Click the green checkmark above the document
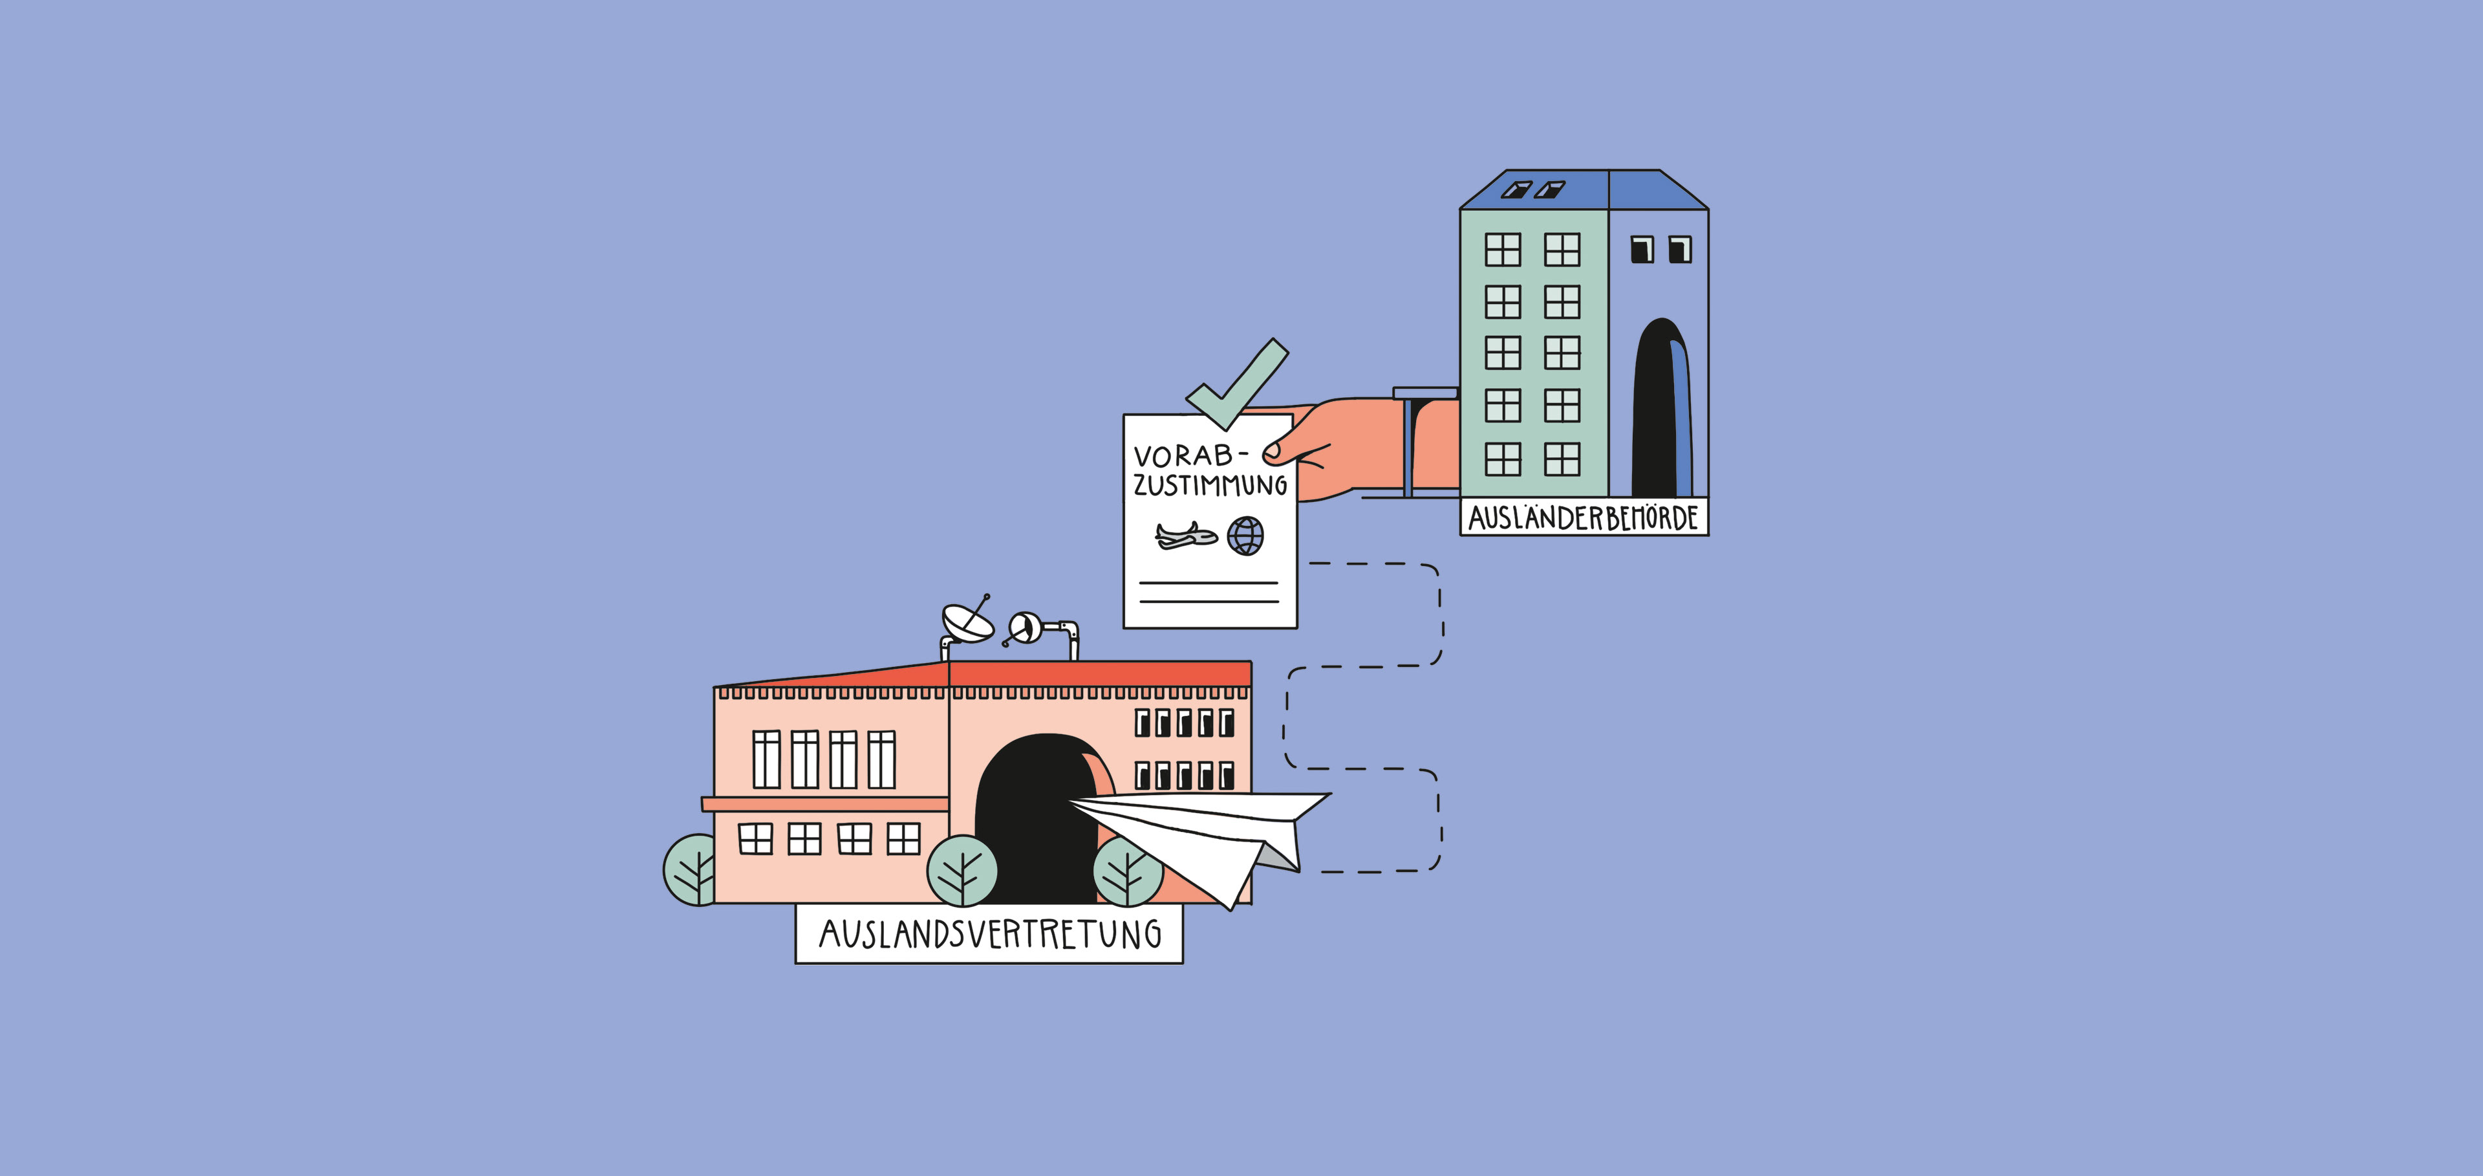(x=1239, y=386)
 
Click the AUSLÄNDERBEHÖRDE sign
(x=1583, y=517)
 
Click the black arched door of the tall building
(x=1658, y=409)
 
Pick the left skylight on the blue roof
(x=1516, y=189)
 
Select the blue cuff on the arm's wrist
(x=1409, y=443)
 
